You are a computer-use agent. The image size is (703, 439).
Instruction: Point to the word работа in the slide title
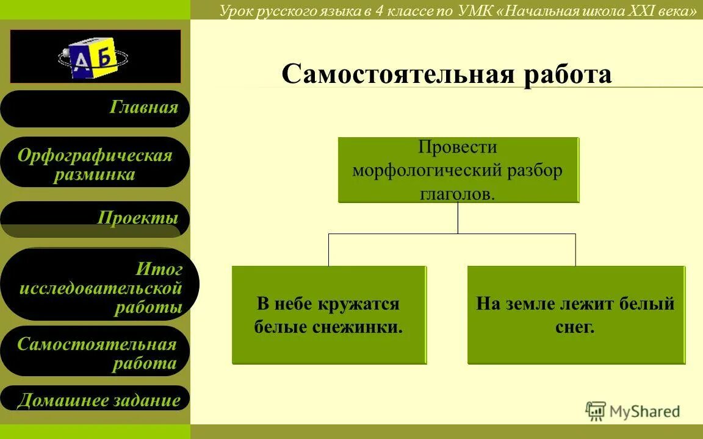click(x=567, y=74)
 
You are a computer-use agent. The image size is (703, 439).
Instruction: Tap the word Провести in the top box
click(x=458, y=148)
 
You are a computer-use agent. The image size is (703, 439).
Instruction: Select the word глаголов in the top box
click(x=458, y=194)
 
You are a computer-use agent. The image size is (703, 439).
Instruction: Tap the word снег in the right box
click(x=575, y=327)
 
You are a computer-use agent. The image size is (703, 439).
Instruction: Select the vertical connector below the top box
click(x=458, y=218)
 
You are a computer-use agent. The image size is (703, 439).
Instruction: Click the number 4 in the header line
click(x=379, y=12)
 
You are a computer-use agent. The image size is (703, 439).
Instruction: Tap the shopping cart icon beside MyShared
click(x=596, y=412)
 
